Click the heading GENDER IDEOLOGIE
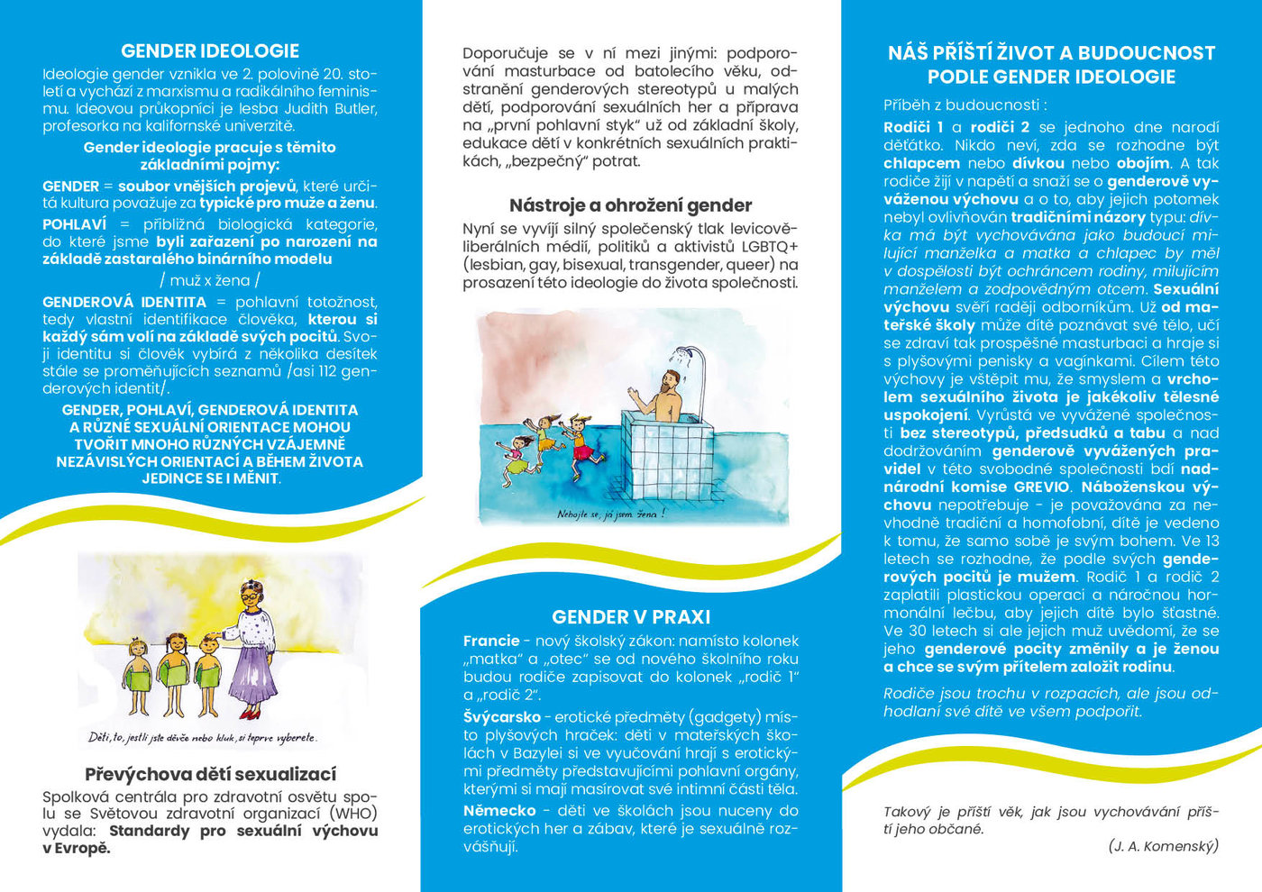(x=210, y=51)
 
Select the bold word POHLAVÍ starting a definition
(x=74, y=224)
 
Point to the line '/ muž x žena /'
(x=209, y=280)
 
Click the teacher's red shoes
(x=251, y=714)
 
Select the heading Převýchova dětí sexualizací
(x=210, y=774)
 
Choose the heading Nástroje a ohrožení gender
(x=630, y=205)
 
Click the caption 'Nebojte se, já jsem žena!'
(x=610, y=514)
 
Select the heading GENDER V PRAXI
(x=631, y=617)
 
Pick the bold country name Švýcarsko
(x=502, y=718)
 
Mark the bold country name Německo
(x=499, y=811)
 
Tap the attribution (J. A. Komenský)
(x=1163, y=846)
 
